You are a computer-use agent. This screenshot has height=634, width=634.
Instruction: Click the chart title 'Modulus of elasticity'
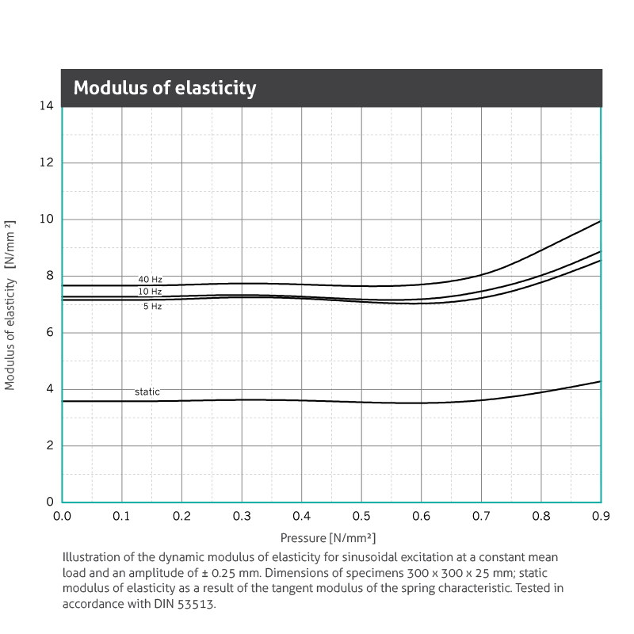pyautogui.click(x=165, y=87)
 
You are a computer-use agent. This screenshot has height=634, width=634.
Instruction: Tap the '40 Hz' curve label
pyautogui.click(x=150, y=280)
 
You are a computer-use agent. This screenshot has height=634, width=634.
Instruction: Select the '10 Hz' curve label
pyautogui.click(x=150, y=292)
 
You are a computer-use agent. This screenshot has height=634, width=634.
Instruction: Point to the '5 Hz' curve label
pyautogui.click(x=152, y=306)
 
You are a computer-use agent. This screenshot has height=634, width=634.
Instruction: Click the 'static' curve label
pyautogui.click(x=147, y=392)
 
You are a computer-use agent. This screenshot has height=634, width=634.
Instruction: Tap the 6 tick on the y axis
pyautogui.click(x=49, y=333)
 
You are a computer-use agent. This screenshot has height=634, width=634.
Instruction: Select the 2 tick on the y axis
pyautogui.click(x=49, y=445)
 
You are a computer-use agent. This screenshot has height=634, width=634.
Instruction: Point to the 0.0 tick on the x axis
pyautogui.click(x=62, y=516)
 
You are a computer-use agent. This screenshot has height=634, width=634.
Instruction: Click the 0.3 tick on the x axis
pyautogui.click(x=242, y=516)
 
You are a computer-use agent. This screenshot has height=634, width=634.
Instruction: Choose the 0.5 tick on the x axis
pyautogui.click(x=361, y=516)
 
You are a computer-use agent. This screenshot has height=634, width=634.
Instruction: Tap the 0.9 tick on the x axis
pyautogui.click(x=601, y=516)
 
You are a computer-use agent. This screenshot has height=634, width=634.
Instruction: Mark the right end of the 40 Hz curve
pyautogui.click(x=600, y=221)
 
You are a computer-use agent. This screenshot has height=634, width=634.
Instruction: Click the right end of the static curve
pyautogui.click(x=600, y=381)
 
